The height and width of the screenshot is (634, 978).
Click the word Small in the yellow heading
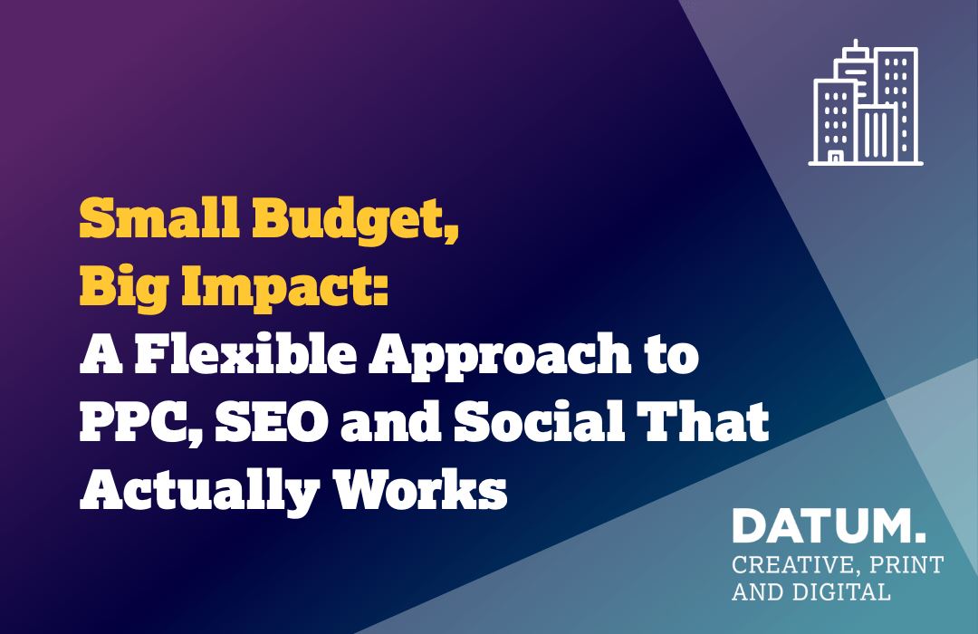click(x=159, y=217)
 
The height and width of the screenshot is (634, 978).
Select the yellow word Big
click(x=124, y=288)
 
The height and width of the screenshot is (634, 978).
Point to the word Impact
click(x=284, y=288)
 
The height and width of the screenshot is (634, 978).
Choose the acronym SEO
click(x=272, y=422)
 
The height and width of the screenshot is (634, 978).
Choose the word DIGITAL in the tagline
click(x=841, y=591)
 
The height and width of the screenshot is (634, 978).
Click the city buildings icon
click(x=866, y=103)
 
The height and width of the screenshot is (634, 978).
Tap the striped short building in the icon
click(x=877, y=133)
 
